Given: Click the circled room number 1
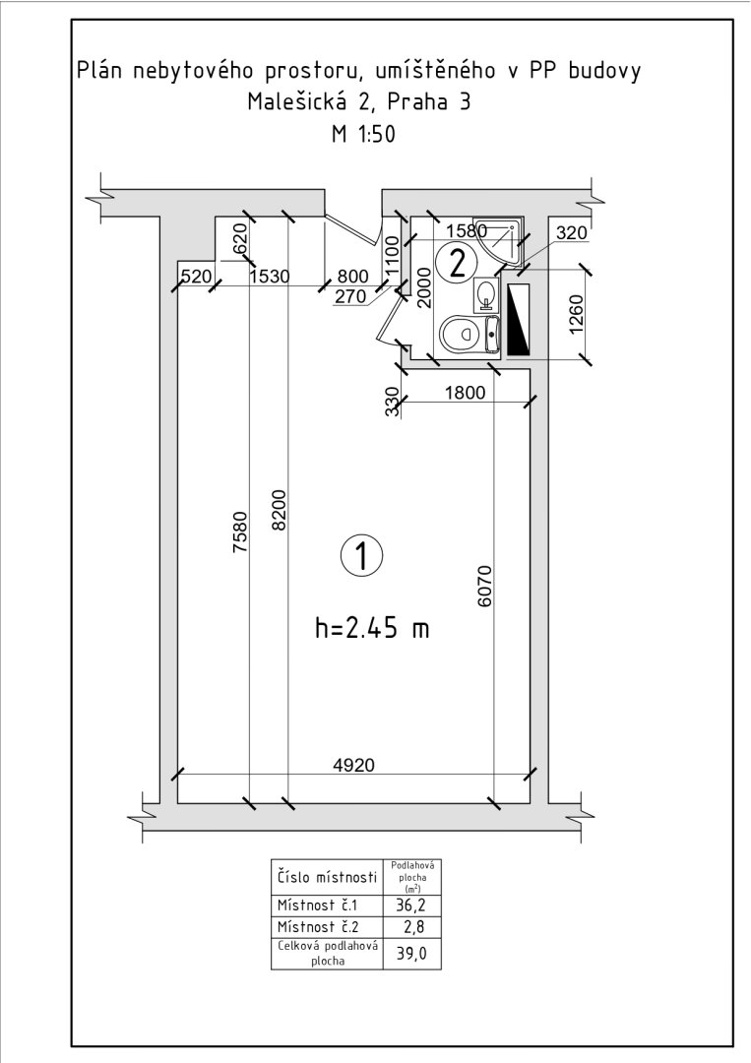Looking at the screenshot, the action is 361,555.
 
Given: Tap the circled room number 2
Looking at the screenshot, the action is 456,263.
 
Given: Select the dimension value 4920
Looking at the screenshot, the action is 353,765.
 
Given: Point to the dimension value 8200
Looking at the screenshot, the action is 281,510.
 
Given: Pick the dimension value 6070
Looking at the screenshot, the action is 484,587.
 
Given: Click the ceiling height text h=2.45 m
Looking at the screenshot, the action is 372,628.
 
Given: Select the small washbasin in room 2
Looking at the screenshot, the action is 484,293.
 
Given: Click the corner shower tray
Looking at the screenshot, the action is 500,238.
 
